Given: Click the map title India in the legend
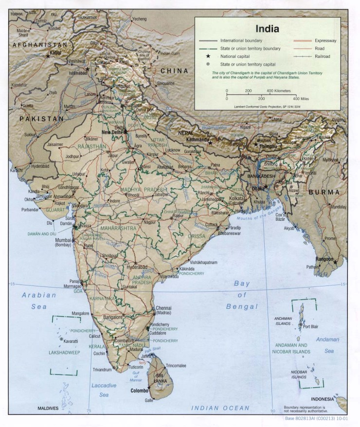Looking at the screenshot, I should point(268,28).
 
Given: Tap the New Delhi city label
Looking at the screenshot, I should point(111,132).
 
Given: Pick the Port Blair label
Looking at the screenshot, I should point(310,327).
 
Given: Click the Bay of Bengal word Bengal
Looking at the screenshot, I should point(241,306).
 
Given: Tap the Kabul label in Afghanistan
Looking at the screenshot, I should point(56,52).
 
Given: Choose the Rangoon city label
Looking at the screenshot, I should point(325,259).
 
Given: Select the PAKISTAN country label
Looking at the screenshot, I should point(41,118).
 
